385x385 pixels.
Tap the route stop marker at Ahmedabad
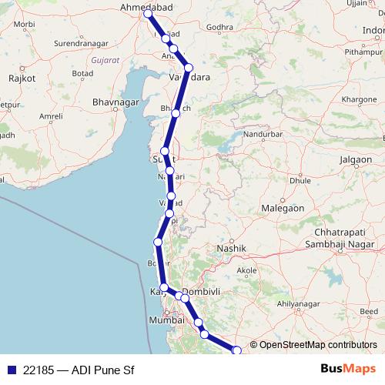point(148,14)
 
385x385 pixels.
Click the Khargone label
point(359,100)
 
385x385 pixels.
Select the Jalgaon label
point(355,159)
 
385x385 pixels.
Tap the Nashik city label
point(231,248)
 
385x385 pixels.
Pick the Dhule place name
point(300,181)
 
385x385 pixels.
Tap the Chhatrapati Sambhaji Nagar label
point(344,238)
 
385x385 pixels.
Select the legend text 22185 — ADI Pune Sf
point(73,370)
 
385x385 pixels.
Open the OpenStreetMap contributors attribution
point(318,345)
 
